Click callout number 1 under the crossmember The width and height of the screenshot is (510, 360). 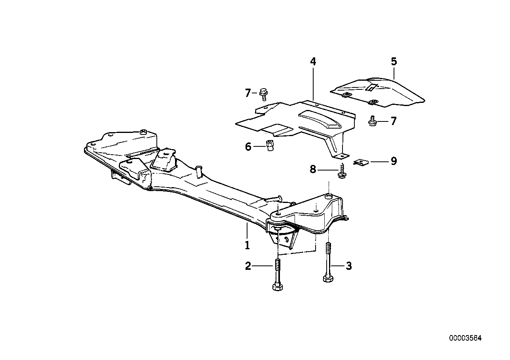coord(247,245)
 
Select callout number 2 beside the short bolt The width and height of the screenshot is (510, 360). coord(248,266)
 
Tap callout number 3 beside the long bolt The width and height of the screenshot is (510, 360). coord(348,266)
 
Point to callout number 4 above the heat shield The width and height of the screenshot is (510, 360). coord(313,62)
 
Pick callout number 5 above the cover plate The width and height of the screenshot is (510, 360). coord(394,62)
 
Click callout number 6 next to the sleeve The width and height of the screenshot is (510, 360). coord(248,147)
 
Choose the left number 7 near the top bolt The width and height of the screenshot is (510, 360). coord(248,93)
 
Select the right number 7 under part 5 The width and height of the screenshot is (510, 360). coord(393,121)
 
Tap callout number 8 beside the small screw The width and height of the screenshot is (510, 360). coord(313,170)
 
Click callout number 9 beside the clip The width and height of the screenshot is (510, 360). coord(393,161)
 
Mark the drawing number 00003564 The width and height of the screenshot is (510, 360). coord(465,338)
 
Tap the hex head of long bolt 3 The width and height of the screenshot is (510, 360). coord(327,279)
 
